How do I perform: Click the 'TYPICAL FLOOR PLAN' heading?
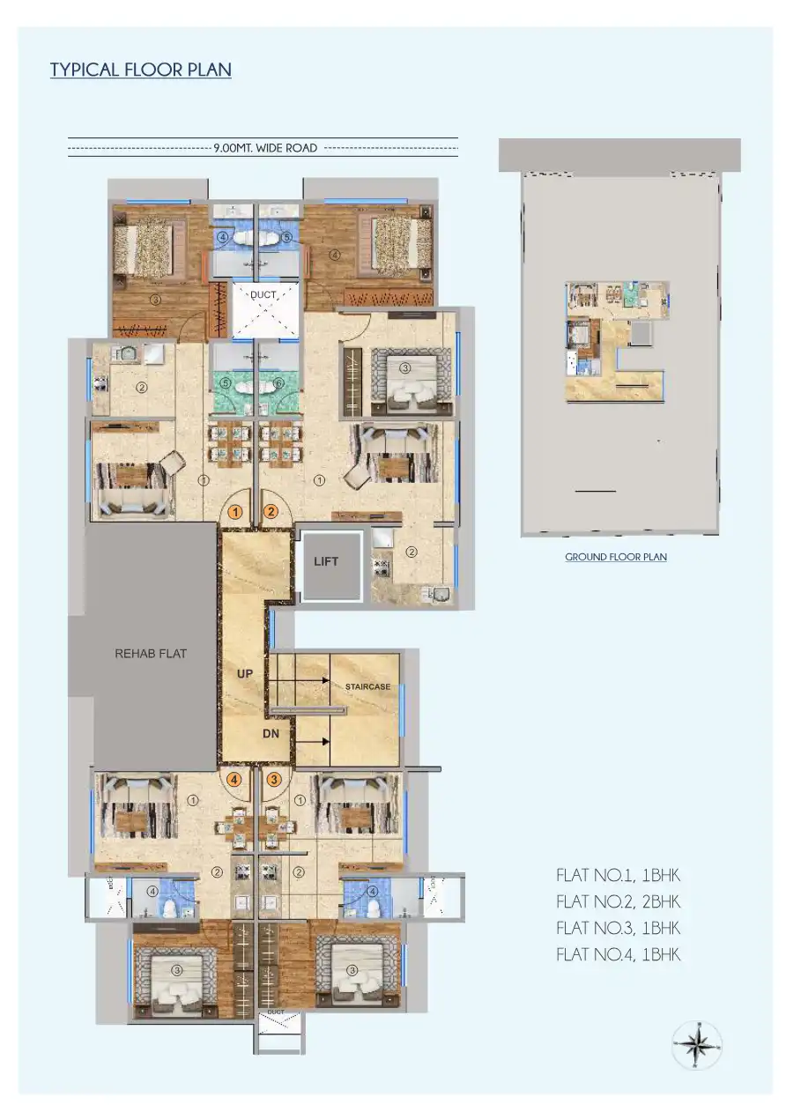(x=141, y=70)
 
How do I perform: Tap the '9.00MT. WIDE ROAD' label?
(x=265, y=148)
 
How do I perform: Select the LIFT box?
(x=326, y=561)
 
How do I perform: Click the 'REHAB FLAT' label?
(x=151, y=654)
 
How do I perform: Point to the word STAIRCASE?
(x=367, y=686)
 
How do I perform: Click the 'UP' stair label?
(x=245, y=673)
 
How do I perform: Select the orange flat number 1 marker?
(x=235, y=511)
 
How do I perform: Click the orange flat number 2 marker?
(x=271, y=511)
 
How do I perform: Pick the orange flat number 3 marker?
(x=274, y=779)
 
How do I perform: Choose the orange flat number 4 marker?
(x=234, y=779)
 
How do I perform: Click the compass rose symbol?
(x=696, y=1046)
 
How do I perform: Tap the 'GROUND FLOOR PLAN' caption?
(x=615, y=557)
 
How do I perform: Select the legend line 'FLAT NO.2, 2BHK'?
(x=618, y=901)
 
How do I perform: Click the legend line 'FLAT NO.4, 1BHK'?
(x=618, y=954)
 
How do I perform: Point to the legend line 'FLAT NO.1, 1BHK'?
(x=618, y=876)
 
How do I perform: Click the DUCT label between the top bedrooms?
(x=263, y=295)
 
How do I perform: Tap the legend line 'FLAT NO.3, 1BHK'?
(x=618, y=928)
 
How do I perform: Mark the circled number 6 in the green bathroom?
(x=279, y=383)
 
